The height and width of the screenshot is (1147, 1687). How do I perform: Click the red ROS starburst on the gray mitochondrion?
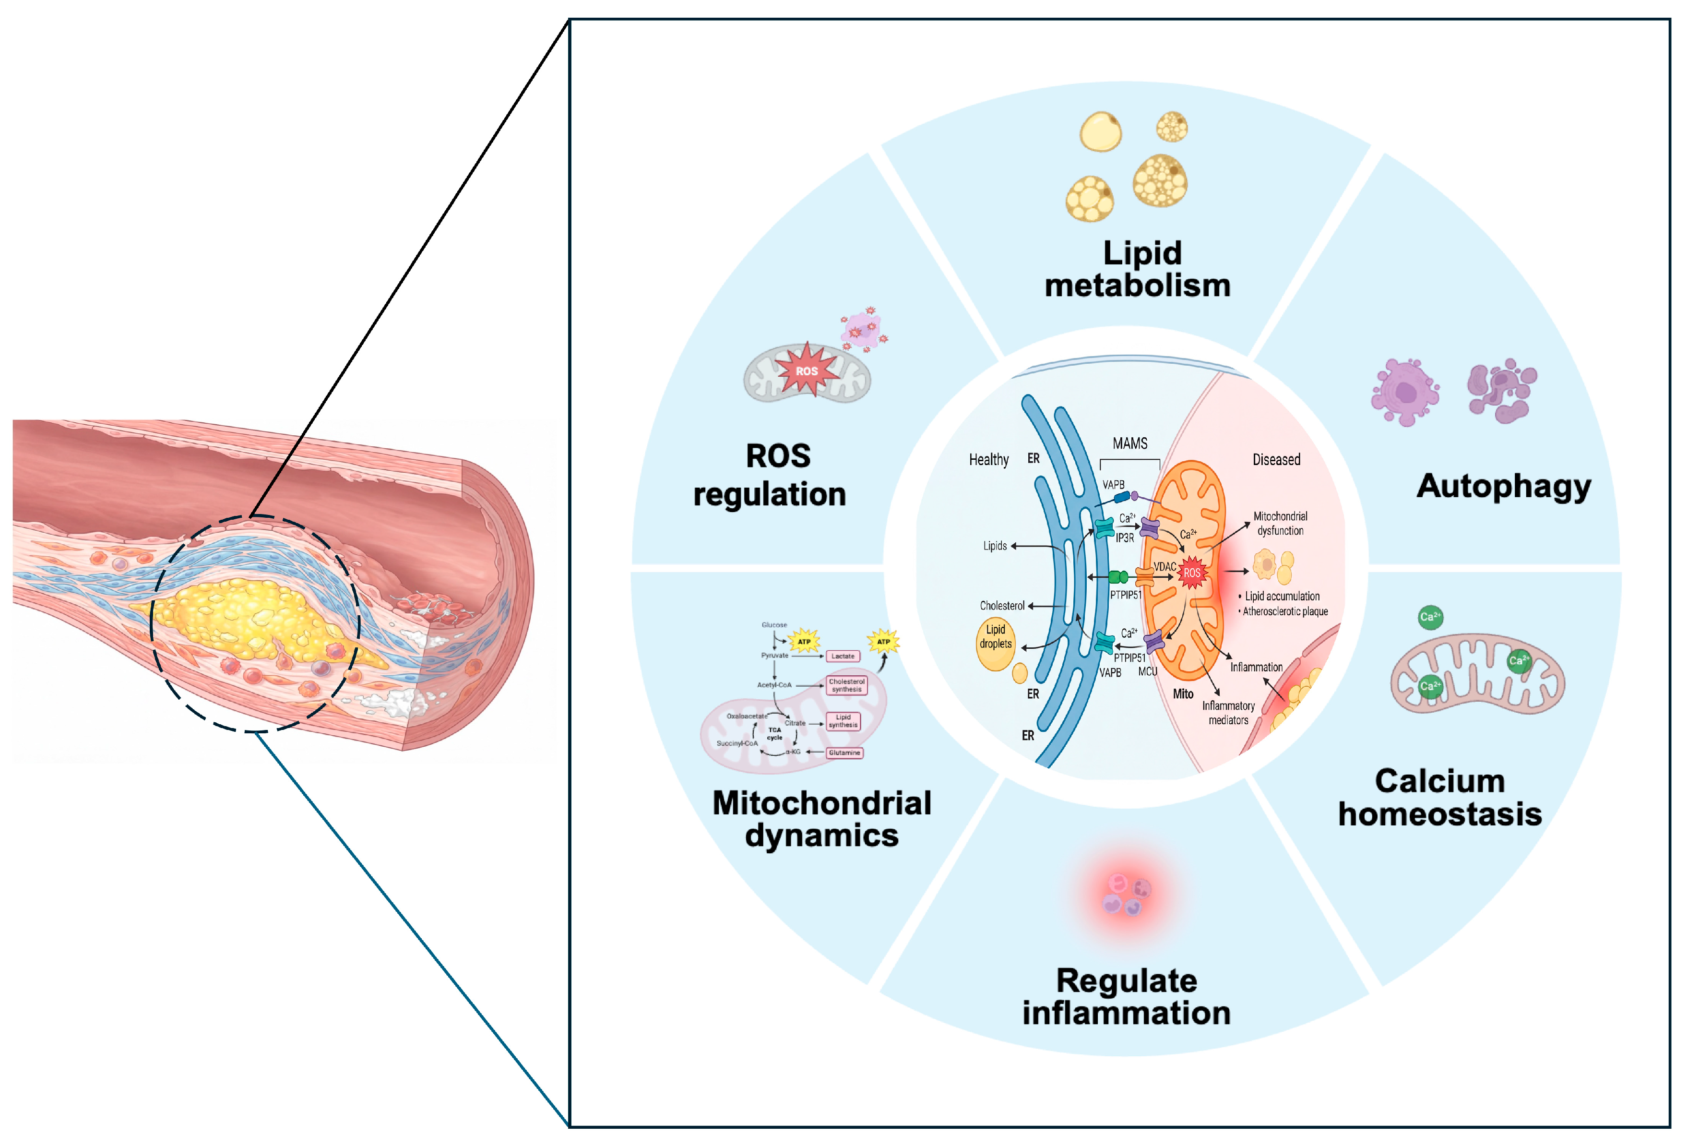click(x=807, y=370)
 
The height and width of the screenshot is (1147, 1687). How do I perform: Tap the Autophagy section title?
click(x=1503, y=486)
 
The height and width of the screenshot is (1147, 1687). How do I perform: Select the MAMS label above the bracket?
click(x=1129, y=443)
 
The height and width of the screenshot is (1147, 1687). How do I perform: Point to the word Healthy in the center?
click(x=989, y=460)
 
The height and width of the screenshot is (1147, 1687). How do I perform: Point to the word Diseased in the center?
click(x=1276, y=460)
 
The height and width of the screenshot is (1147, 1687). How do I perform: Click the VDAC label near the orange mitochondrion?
click(x=1164, y=566)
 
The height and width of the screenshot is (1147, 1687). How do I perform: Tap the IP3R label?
click(x=1124, y=538)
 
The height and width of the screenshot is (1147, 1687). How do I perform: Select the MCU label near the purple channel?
click(x=1148, y=671)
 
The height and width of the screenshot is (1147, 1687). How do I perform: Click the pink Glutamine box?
click(x=844, y=753)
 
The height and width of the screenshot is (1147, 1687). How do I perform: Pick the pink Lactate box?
click(x=843, y=656)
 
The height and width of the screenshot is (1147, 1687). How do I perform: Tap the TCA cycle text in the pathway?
click(x=774, y=734)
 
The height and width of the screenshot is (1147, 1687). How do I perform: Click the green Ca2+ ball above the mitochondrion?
click(x=1430, y=617)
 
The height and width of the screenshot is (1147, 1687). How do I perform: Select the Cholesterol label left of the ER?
click(x=1002, y=606)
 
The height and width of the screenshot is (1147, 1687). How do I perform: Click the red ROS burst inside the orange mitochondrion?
click(x=1192, y=573)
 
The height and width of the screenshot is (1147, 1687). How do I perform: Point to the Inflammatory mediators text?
click(x=1228, y=713)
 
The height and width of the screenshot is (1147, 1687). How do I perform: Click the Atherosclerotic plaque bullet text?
click(x=1285, y=611)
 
